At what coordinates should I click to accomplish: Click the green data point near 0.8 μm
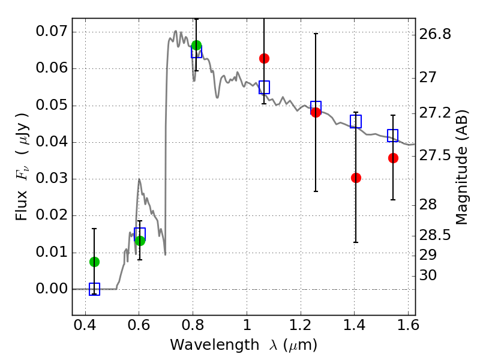coord(196,46)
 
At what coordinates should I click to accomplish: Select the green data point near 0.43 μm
coord(94,262)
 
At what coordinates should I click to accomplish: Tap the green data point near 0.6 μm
coord(140,241)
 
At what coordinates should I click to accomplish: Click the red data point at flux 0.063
coord(264,58)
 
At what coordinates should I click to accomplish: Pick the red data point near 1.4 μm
coord(356,178)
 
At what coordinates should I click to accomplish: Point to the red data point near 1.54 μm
coord(393,158)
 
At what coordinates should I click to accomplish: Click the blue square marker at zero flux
coord(94,289)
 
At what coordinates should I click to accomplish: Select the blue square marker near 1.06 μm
coord(264,87)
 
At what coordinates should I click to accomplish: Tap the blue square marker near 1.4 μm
coord(356,122)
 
